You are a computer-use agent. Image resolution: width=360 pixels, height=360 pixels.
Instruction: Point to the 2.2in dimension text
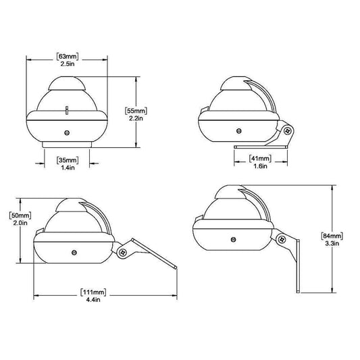(136, 118)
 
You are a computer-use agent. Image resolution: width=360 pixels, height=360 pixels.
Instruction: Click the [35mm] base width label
(68, 160)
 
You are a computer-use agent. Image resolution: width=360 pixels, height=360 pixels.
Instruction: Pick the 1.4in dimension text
(68, 168)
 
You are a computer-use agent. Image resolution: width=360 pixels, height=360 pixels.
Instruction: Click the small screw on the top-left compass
(67, 133)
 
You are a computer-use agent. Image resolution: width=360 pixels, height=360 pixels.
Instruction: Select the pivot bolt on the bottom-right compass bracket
(279, 237)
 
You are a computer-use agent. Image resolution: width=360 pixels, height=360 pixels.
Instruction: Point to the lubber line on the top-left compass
(68, 109)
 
